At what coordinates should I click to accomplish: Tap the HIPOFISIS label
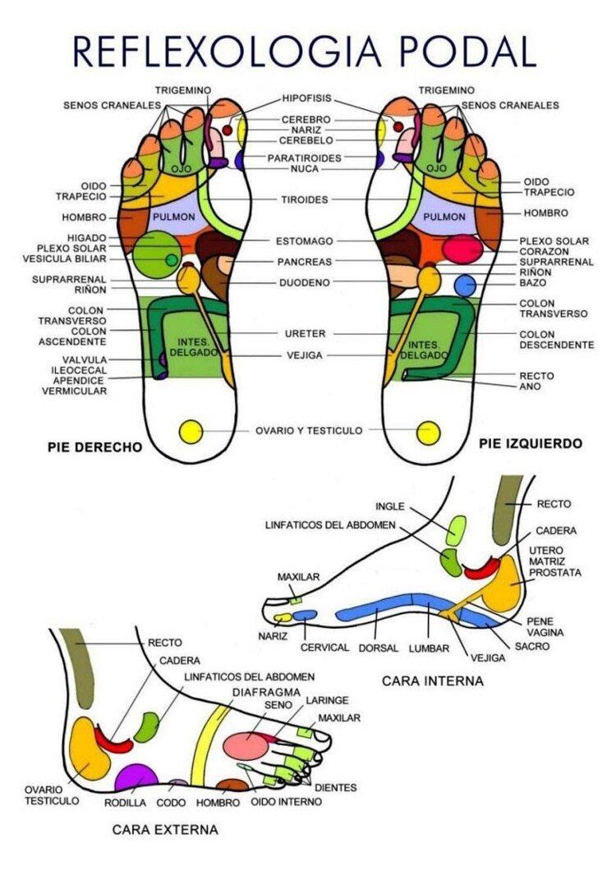tap(306, 98)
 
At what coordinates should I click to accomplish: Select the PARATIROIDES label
tap(305, 158)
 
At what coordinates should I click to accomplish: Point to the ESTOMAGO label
tap(305, 241)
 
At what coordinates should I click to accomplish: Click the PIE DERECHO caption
tap(95, 446)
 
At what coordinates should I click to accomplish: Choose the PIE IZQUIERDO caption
tap(531, 443)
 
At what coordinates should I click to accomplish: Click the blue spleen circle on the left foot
tap(465, 286)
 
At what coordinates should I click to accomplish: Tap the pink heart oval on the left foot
tap(462, 250)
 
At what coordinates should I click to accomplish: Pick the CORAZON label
tap(544, 251)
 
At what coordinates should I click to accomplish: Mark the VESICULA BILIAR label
tap(64, 259)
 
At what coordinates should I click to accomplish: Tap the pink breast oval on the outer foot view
tap(246, 745)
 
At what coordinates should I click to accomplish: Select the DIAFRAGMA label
tap(266, 693)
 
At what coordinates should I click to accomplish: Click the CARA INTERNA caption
tap(432, 680)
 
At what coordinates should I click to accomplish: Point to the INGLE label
tap(390, 506)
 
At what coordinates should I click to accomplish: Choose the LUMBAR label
tap(429, 648)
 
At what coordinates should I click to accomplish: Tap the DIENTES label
tap(335, 787)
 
